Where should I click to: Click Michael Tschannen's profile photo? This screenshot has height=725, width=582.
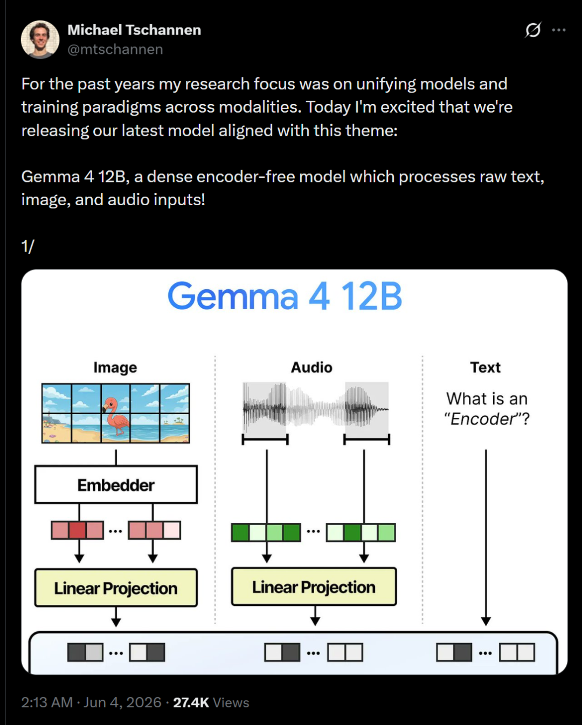pos(40,40)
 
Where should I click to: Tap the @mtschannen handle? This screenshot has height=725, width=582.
pos(115,50)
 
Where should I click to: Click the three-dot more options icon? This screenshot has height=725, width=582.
pos(559,30)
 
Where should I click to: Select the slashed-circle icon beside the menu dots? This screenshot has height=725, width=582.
pos(533,30)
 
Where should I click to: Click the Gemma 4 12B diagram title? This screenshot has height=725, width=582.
pos(285,296)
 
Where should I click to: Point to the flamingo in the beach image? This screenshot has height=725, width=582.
pos(115,416)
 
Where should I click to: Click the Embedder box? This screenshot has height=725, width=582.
pos(116,485)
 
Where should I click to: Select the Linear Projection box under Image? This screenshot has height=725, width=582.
pos(116,588)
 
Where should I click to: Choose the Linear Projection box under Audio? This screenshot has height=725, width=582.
pos(314,587)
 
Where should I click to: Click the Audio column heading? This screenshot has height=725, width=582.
pos(311,367)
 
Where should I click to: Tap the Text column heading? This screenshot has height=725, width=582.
pos(486,367)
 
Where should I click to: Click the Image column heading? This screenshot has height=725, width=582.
pos(115,367)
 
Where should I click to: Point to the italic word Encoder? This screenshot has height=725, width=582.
pos(483,419)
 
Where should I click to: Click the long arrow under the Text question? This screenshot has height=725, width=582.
pos(486,538)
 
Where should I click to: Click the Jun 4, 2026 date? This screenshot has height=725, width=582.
pos(122,703)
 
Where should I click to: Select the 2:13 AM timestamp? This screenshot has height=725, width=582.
pos(47,703)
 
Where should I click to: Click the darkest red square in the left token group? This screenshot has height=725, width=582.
pos(77,530)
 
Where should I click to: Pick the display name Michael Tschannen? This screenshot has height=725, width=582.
pos(134,30)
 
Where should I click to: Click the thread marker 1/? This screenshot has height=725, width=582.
pos(27,246)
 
